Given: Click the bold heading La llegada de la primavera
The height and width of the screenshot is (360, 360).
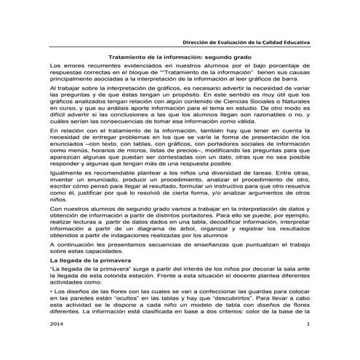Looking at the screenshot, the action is tap(84, 259).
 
